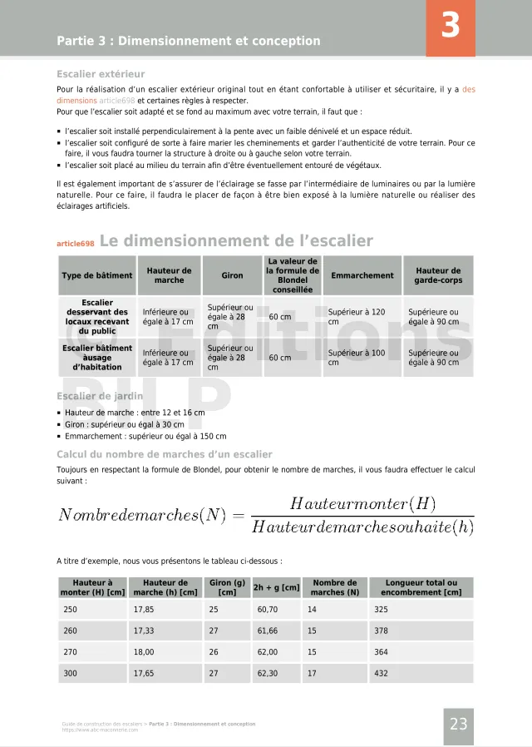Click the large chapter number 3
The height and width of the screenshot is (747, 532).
[451, 27]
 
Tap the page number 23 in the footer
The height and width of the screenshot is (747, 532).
[459, 724]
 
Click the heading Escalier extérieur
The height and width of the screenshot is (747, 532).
[101, 73]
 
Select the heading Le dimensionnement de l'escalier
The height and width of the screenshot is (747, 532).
[236, 241]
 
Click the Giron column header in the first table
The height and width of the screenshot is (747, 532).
[233, 275]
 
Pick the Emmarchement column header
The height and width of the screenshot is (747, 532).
[362, 275]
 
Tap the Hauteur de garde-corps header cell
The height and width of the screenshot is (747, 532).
[438, 275]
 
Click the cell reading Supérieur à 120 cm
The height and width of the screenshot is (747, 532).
[357, 317]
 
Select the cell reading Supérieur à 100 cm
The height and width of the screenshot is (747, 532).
[357, 358]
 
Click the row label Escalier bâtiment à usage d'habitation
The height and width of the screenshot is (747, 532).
[96, 358]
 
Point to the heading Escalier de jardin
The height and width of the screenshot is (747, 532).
[100, 397]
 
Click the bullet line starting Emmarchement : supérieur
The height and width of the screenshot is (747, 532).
[145, 436]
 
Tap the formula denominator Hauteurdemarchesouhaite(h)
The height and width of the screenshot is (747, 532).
[362, 527]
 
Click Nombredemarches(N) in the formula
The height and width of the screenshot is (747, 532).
[142, 515]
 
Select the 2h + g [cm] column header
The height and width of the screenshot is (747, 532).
[276, 588]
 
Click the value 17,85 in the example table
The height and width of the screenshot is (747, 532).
[145, 610]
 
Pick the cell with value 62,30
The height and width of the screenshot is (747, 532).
[268, 674]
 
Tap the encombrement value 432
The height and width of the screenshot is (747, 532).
[382, 674]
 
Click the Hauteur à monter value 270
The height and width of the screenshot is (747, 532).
[71, 652]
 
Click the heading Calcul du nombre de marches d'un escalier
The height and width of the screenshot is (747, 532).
[165, 454]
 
